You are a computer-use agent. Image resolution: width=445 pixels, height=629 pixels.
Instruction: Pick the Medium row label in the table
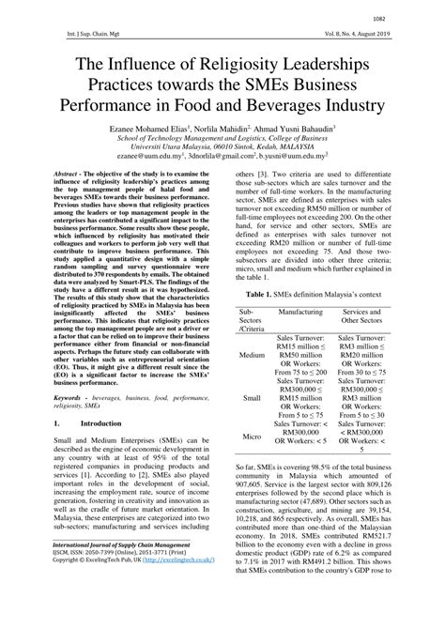[252, 356]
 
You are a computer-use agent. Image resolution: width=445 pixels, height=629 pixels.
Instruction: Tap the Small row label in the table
[252, 398]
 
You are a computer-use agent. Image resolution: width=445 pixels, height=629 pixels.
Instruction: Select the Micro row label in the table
[252, 437]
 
